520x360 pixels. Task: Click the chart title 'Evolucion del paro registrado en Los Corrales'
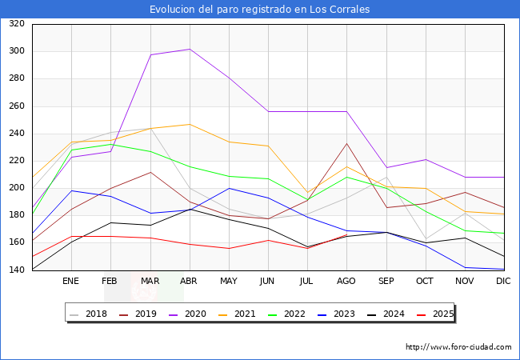click(x=260, y=10)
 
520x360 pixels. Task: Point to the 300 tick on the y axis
click(x=16, y=51)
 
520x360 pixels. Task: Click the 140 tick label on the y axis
click(x=16, y=270)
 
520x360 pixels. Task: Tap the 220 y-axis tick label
click(x=16, y=161)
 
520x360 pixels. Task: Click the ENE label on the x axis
click(x=71, y=282)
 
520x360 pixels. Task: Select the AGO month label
click(x=346, y=282)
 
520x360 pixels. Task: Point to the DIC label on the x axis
click(x=503, y=282)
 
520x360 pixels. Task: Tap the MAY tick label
click(x=229, y=282)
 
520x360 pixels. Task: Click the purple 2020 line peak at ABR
click(x=190, y=50)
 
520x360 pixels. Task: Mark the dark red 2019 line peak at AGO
click(x=346, y=144)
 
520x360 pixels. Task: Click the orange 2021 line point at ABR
click(x=190, y=124)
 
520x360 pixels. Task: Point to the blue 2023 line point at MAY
click(x=229, y=189)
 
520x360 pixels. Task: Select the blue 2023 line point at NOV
click(x=464, y=268)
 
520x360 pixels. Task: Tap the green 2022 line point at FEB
click(x=110, y=144)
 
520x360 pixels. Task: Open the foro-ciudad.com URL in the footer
click(x=458, y=347)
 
